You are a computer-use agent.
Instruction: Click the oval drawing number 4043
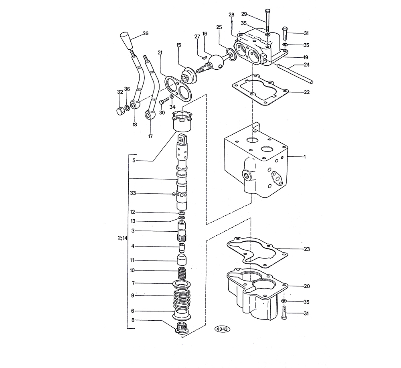coord(222,329)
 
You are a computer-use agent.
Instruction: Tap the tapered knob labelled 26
coord(126,40)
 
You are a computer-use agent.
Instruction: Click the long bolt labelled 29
coord(267,21)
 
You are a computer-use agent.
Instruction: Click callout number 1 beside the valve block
coord(305,156)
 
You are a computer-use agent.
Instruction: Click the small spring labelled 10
coord(182,273)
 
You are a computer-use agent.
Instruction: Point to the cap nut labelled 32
coord(119,111)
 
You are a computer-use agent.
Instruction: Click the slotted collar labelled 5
coord(182,121)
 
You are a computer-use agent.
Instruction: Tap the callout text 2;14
coord(122,238)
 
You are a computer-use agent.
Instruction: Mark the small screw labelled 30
coord(163,101)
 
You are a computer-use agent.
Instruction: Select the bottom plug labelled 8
coord(181,328)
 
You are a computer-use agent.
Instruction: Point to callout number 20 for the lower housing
coord(306,286)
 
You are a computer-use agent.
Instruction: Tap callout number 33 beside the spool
coord(133,193)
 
